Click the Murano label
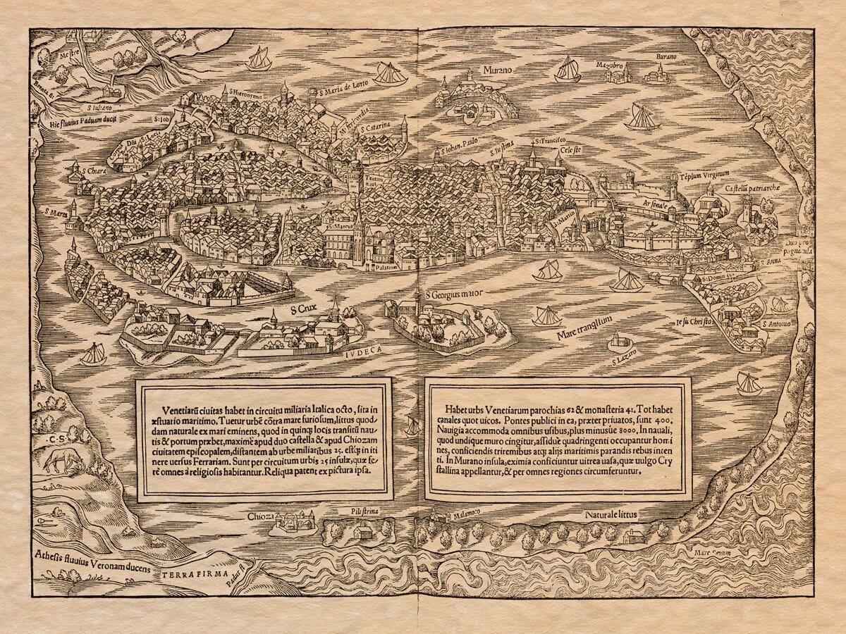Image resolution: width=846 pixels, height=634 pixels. [498, 70]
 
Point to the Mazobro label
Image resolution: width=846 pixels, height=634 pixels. [611, 65]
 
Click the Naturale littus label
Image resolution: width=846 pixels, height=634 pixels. [611, 515]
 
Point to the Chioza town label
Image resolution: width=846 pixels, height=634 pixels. [261, 516]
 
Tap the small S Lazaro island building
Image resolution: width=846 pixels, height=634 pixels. [619, 342]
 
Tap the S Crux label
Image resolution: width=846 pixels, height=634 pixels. [302, 309]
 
